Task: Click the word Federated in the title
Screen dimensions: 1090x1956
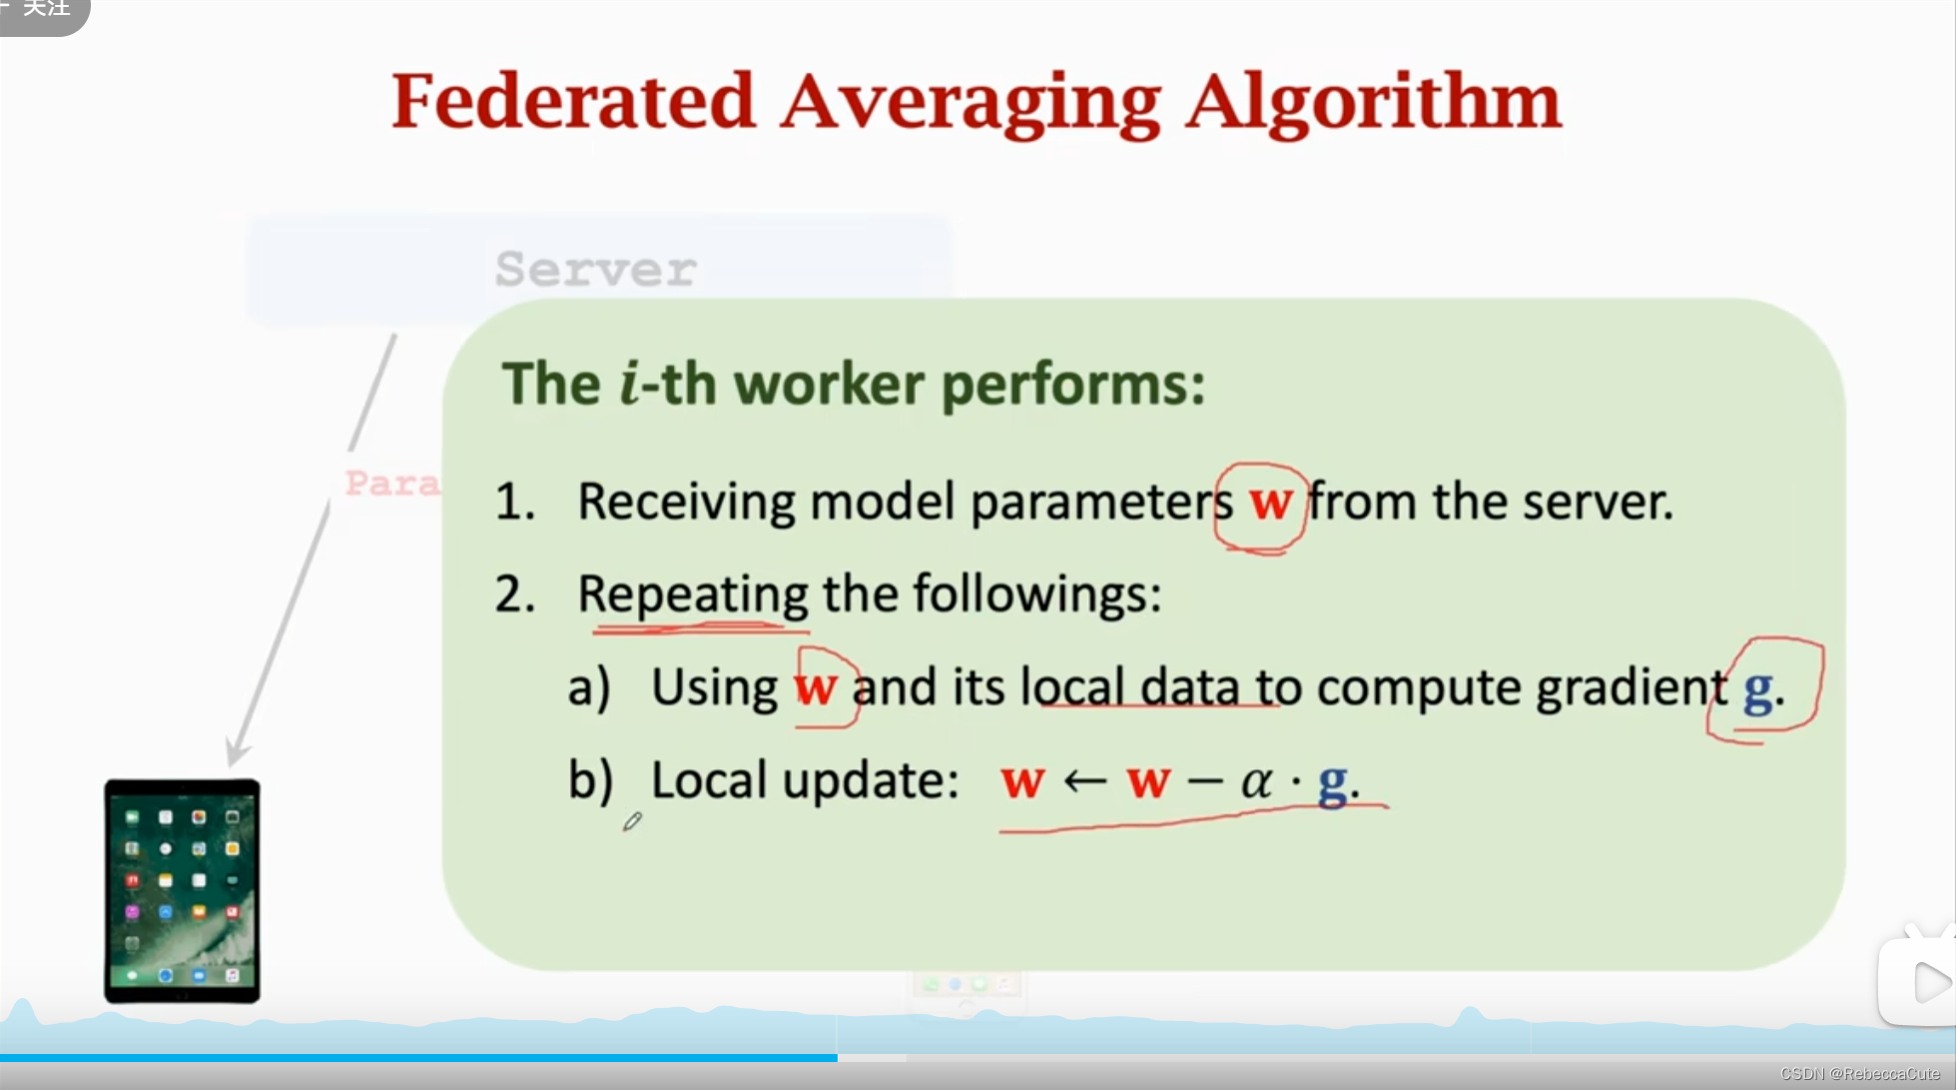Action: tap(573, 101)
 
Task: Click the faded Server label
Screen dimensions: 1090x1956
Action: tap(596, 269)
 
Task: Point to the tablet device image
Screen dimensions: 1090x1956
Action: tap(182, 891)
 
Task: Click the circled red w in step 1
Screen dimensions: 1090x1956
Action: tap(1269, 502)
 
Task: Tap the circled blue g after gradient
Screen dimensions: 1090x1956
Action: tap(1758, 688)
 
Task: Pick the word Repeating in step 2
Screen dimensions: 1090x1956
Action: tap(692, 595)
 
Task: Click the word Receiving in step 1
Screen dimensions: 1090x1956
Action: tap(686, 503)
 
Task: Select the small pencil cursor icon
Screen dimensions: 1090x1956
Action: tap(632, 822)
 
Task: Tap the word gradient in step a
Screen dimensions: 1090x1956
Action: tap(1630, 688)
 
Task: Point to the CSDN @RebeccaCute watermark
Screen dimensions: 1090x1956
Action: tap(1859, 1074)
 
